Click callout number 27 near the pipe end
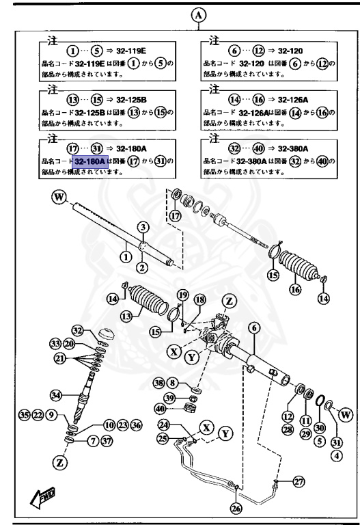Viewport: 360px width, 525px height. [x=299, y=482]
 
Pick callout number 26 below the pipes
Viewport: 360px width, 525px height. [x=236, y=507]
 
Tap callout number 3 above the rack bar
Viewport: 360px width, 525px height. [x=143, y=226]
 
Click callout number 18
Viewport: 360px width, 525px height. [x=199, y=300]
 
